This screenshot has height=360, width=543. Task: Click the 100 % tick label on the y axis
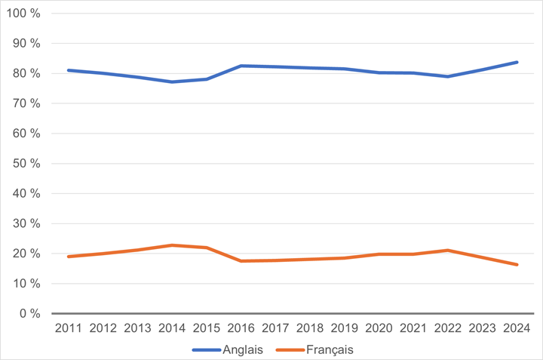point(25,14)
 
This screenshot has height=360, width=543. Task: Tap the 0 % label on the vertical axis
point(31,314)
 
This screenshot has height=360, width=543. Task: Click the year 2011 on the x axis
point(69,328)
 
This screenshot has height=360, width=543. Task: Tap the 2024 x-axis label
point(517,328)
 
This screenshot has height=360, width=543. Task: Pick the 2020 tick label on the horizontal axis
point(379,328)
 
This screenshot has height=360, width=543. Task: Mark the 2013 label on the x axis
point(138,328)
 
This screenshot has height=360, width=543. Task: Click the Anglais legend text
point(243,349)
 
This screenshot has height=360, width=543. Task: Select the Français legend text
point(329,349)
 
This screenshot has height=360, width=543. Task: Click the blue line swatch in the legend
point(206,349)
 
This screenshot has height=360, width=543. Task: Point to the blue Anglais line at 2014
point(172,82)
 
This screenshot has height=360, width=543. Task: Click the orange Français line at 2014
point(172,245)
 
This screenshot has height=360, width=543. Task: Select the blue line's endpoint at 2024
point(517,62)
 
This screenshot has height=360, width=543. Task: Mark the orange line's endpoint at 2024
point(517,265)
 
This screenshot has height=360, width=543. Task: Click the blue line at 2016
point(241,66)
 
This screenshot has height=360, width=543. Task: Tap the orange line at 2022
point(448,250)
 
